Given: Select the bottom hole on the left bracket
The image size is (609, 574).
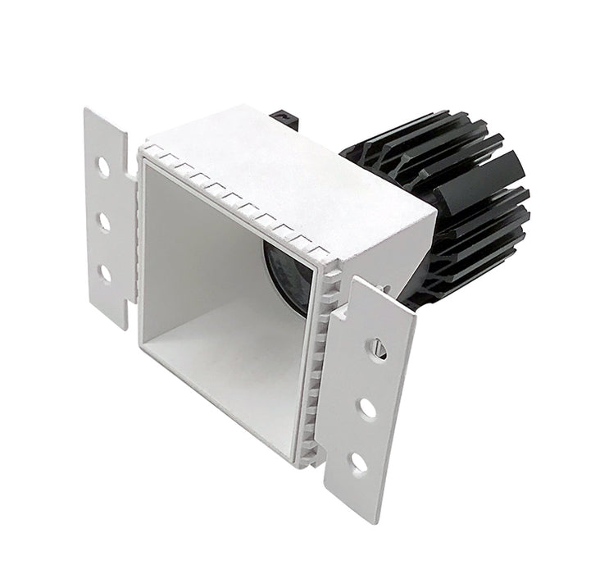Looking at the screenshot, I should click(105, 273).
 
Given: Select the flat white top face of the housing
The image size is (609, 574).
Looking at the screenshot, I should click(287, 164).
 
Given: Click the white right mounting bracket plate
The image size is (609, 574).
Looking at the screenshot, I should click(369, 394).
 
